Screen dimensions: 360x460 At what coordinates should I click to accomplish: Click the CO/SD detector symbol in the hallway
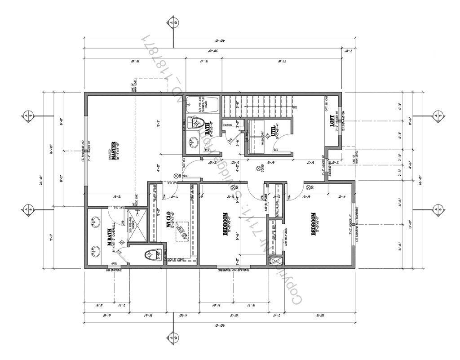pos(258,169)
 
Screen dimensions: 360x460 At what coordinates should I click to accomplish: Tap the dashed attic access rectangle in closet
pos(182,231)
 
